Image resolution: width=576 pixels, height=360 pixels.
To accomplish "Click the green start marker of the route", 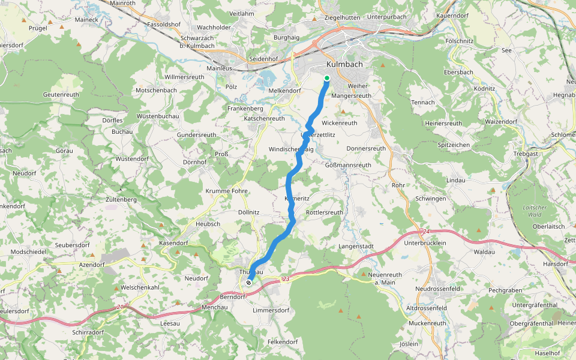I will pos(327,78).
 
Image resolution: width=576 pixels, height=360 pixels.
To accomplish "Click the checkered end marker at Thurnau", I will pos(248,282).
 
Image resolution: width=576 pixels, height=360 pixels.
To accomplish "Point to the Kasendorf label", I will pos(173,243).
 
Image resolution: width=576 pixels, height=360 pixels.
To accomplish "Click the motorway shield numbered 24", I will pos(426,231).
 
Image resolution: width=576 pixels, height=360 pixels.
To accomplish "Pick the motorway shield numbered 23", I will pos(286,278).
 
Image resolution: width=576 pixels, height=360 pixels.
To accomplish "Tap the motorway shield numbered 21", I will pos(120,307).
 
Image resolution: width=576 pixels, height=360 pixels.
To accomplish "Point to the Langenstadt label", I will pos(356,246).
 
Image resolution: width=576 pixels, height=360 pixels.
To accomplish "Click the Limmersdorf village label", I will pos(271,310).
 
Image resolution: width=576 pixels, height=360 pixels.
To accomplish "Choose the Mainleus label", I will pos(219,68).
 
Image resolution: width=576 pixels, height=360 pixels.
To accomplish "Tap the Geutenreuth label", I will pos(61,95).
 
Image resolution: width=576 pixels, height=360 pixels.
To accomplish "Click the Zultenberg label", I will pos(122,199).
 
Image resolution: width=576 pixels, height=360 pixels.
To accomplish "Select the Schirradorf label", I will pos(88,332).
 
